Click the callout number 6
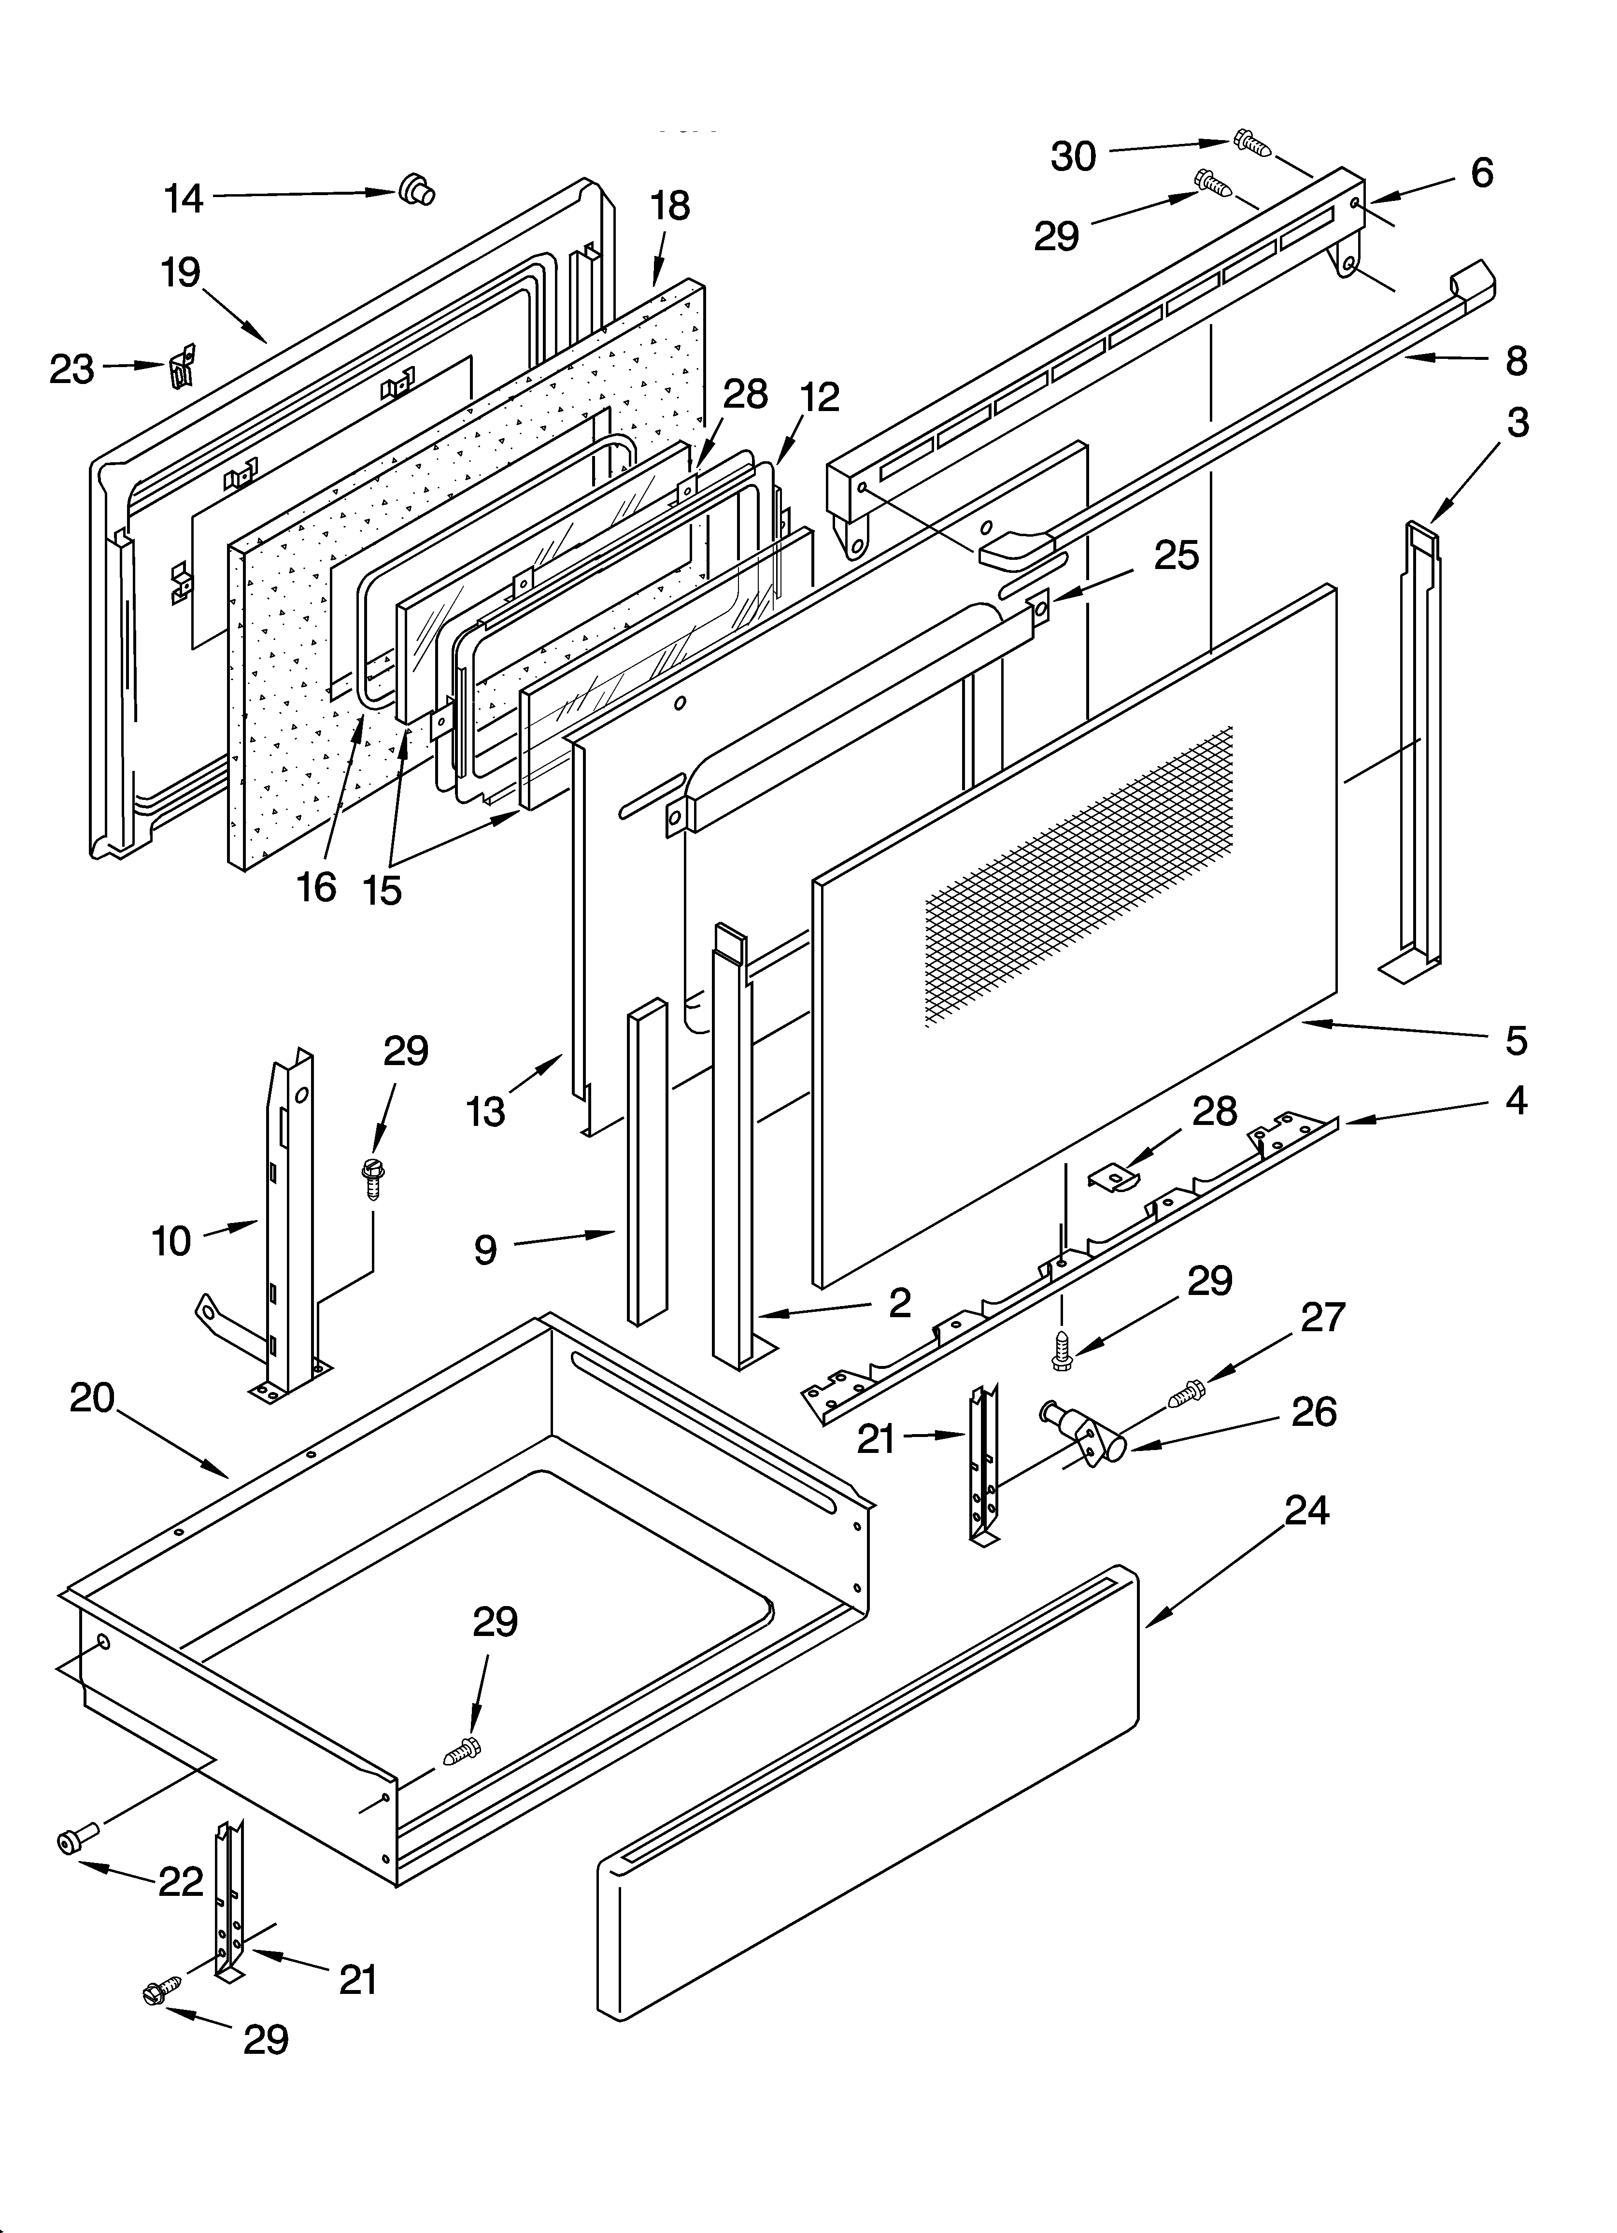(x=1481, y=173)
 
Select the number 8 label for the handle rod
(x=1516, y=361)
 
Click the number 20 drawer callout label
(x=93, y=1398)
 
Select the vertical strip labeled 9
(x=646, y=1162)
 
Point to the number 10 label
(x=170, y=1241)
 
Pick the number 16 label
(x=317, y=887)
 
